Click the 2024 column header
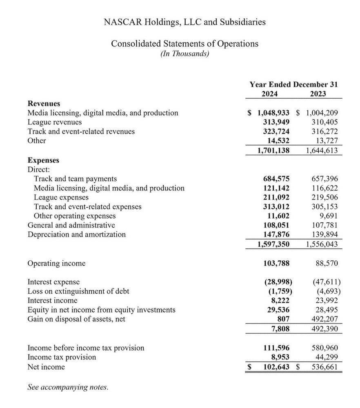(x=269, y=94)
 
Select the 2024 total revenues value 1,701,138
(x=273, y=150)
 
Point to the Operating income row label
(x=56, y=263)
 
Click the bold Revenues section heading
(x=44, y=104)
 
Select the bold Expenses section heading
(x=43, y=160)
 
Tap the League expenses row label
(x=61, y=197)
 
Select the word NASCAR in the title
(x=122, y=22)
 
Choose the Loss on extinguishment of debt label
(x=78, y=291)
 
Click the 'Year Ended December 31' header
(x=293, y=85)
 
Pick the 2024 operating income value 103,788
(x=276, y=263)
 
